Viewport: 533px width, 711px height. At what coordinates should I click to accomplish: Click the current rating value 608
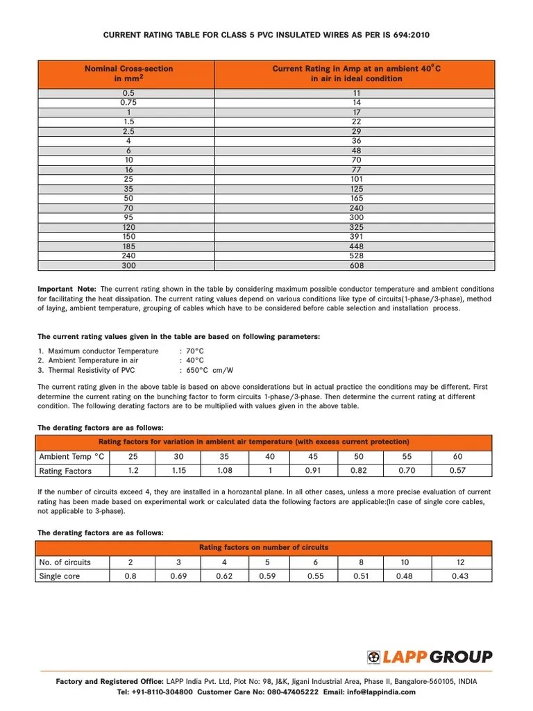click(x=357, y=265)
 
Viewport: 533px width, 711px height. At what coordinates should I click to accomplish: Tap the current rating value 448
click(x=357, y=246)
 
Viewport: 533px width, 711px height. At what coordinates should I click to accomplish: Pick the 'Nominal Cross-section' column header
click(x=128, y=74)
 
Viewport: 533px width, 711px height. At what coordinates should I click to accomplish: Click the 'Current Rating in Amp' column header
click(x=357, y=74)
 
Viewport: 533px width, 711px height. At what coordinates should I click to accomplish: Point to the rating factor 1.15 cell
click(x=178, y=471)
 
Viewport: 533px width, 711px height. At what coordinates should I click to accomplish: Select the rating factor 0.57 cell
click(x=457, y=471)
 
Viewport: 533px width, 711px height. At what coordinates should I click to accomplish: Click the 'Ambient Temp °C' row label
click(x=71, y=456)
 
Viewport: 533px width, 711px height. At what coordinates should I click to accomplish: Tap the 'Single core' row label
click(x=60, y=576)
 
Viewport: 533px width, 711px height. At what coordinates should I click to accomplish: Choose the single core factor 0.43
click(x=459, y=576)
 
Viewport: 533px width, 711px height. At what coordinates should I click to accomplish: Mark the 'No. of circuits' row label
click(x=65, y=562)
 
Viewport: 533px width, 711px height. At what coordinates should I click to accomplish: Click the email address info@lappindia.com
click(x=382, y=692)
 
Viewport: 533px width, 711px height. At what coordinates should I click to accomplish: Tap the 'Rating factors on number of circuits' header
click(x=264, y=548)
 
